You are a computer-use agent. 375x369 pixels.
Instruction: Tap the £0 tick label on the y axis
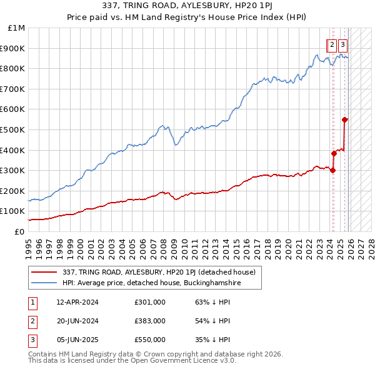coord(20,231)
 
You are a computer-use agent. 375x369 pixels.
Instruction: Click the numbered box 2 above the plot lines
coord(332,44)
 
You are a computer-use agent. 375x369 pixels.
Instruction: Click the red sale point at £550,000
coord(345,119)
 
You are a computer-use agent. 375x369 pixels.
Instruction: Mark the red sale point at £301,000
coord(332,170)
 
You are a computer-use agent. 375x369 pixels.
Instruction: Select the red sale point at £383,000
coord(334,153)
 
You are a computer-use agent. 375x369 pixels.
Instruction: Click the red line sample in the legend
coord(46,272)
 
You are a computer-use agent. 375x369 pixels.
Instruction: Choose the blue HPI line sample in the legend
coord(46,283)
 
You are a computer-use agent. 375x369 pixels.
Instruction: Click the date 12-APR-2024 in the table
coord(77,302)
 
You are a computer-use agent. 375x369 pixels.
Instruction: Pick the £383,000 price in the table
coord(150,321)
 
